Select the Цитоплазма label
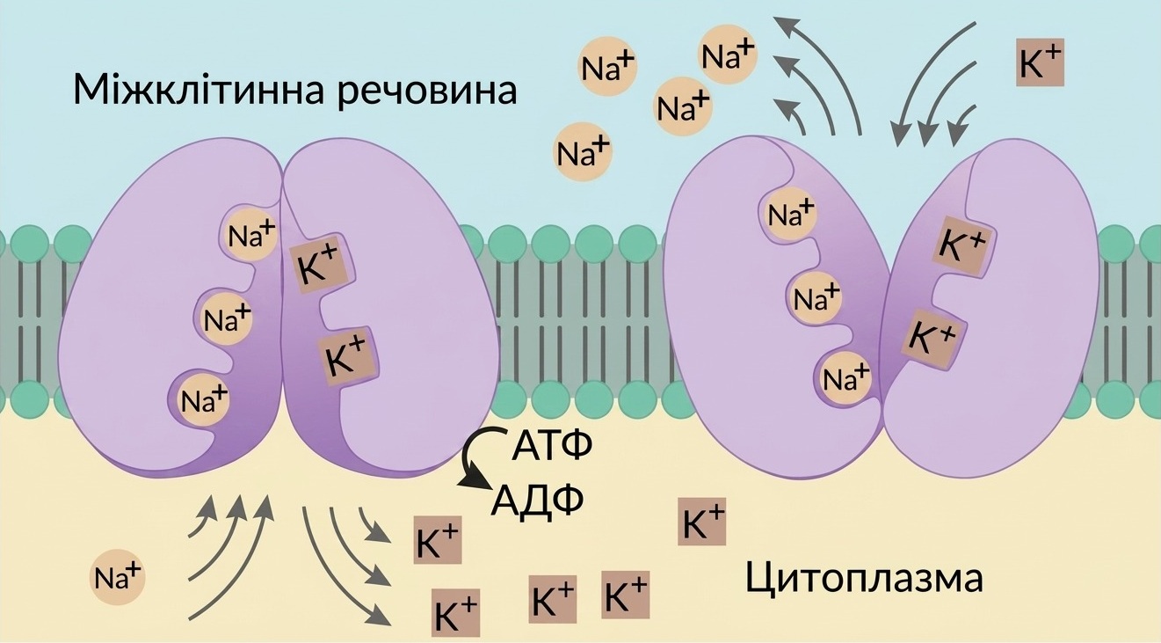pos(865,579)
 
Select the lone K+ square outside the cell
pos(1041,62)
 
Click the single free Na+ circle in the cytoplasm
pos(118,577)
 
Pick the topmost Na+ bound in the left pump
pos(251,235)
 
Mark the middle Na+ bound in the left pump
pos(226,318)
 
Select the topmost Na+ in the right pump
pos(790,213)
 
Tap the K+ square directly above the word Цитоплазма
pos(701,522)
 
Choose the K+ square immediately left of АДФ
pos(438,540)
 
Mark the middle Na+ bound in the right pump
pos(816,298)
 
